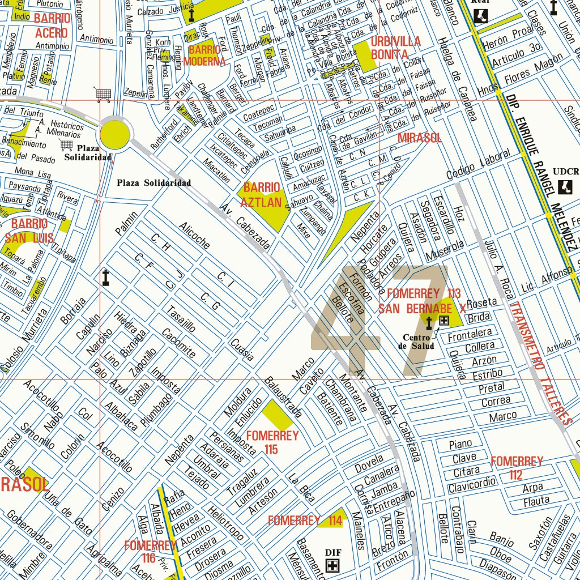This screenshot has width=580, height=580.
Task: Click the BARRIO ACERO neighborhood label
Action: (52, 25)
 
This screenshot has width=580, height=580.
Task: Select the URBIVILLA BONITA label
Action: (396, 48)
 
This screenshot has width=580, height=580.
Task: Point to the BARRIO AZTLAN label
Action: (261, 195)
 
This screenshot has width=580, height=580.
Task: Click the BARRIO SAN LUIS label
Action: (29, 231)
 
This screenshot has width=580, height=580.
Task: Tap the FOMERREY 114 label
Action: (305, 521)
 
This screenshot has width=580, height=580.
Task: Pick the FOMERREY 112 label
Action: (516, 468)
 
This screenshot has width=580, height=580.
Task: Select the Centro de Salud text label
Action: (419, 342)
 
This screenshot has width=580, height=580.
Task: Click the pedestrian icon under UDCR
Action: (565, 187)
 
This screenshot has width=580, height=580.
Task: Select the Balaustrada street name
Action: (283, 397)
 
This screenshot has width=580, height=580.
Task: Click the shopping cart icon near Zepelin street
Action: (103, 95)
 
